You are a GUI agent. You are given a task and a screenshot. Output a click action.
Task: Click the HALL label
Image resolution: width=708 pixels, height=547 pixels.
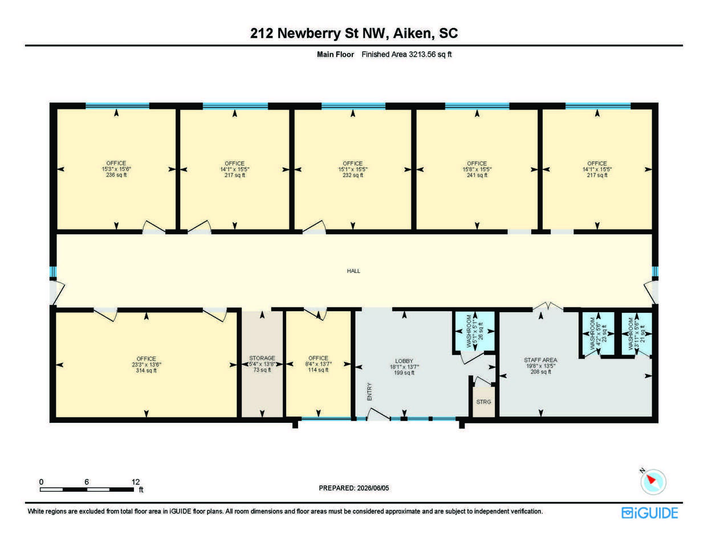[x=353, y=271]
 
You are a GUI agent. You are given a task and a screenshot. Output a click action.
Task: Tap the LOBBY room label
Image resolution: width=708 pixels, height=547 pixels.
[x=404, y=361]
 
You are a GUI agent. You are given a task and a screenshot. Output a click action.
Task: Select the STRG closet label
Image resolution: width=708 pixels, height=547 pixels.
[x=483, y=402]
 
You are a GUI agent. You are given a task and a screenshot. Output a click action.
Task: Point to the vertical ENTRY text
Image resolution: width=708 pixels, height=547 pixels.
[x=369, y=391]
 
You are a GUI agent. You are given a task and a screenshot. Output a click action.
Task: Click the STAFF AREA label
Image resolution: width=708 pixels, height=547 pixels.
[x=540, y=360]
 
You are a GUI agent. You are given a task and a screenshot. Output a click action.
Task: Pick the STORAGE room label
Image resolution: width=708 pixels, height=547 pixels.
[x=262, y=358]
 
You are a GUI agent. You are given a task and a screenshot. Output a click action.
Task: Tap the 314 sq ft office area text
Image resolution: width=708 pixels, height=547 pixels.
[x=147, y=370]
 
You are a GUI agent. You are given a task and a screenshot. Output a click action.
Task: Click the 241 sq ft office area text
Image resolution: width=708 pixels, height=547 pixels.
[x=477, y=175]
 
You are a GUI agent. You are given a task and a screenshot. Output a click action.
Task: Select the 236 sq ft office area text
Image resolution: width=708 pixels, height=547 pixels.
[x=116, y=175]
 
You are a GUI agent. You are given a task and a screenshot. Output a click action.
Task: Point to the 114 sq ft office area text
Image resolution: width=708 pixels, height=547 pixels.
[x=318, y=370]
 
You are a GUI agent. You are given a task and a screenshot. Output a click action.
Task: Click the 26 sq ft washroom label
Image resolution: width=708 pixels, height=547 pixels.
[x=481, y=331]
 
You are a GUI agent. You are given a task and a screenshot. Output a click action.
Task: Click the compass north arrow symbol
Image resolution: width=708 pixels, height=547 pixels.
[x=650, y=479]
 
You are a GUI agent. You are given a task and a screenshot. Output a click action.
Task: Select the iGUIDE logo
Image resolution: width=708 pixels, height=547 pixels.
[x=649, y=513]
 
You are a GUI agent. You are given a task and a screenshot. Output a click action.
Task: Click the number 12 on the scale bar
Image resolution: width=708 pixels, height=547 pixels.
[x=136, y=482]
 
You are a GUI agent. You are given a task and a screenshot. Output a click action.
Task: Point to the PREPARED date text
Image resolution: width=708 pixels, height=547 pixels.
[x=353, y=488]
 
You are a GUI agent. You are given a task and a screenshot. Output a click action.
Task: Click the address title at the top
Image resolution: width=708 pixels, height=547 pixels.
[x=354, y=33]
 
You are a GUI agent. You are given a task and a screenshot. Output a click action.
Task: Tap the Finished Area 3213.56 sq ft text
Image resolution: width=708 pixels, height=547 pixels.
[x=406, y=54]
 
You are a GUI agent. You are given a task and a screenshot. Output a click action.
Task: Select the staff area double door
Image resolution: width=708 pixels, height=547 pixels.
[x=548, y=306]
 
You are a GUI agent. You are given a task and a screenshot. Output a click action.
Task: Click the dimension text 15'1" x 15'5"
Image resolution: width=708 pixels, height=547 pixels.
[x=352, y=169]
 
